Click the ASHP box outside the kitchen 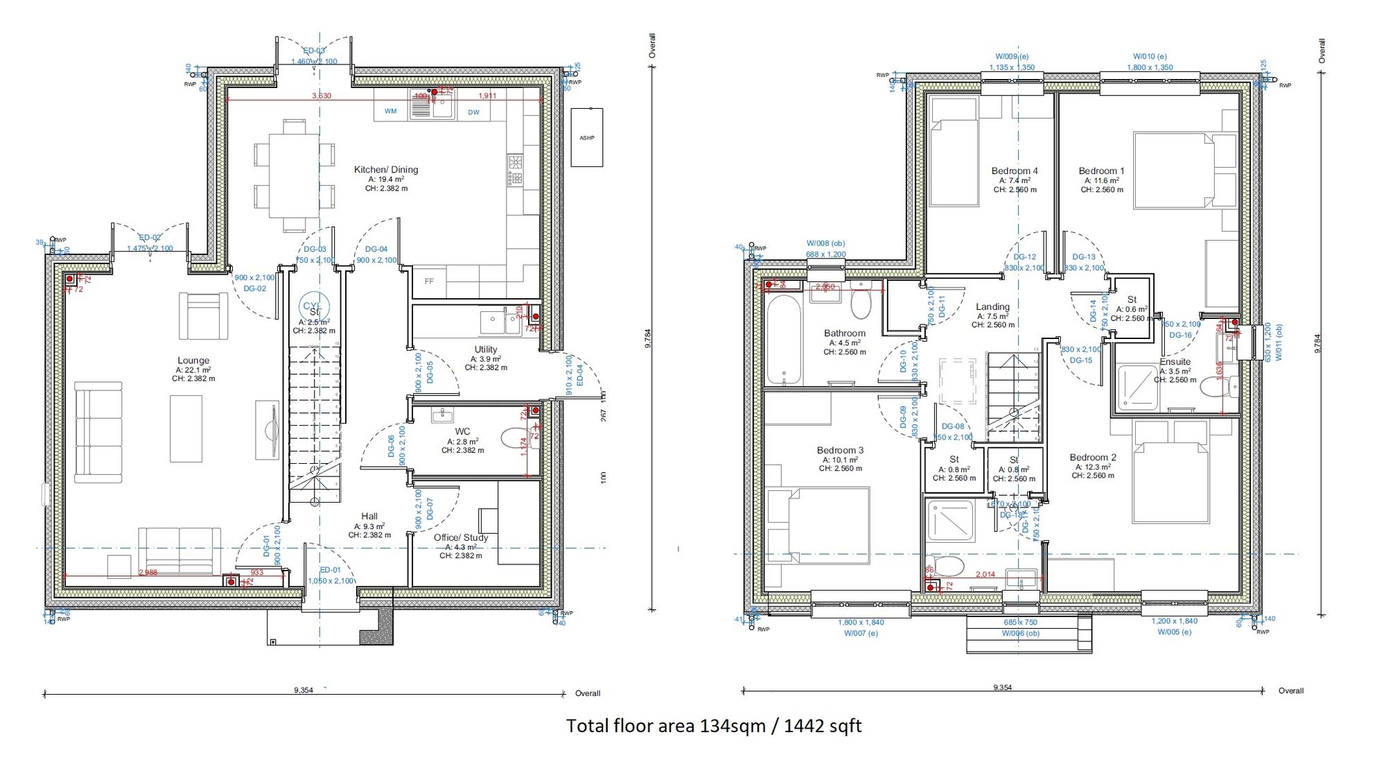tap(587, 137)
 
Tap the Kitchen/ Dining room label tap(386, 170)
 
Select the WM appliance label tap(391, 111)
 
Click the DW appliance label tap(473, 112)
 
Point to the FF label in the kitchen tap(429, 281)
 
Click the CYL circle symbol tap(313, 306)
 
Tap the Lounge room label tap(193, 361)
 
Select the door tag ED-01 tap(331, 570)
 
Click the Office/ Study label tap(461, 537)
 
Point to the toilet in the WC tap(516, 438)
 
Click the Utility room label tap(486, 349)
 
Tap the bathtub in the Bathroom tap(784, 340)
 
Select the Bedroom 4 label tap(1015, 171)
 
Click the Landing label tap(992, 306)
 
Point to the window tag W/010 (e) tap(1150, 56)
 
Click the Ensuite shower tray tap(1137, 386)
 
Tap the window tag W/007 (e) tap(861, 633)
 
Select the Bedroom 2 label tap(1093, 458)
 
